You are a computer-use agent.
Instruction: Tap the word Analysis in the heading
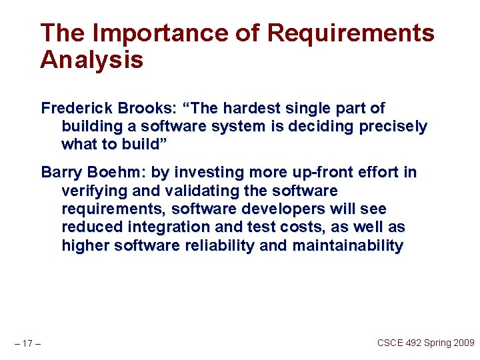91,60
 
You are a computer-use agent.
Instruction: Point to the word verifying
94,191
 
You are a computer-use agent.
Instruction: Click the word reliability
215,246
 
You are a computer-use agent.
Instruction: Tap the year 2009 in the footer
462,343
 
